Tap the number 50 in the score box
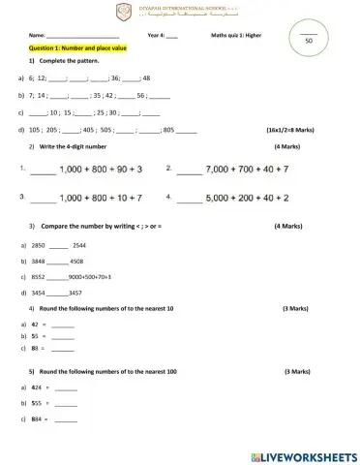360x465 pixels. click(309, 42)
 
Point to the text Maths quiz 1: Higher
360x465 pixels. click(235, 34)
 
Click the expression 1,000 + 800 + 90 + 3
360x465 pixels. click(101, 169)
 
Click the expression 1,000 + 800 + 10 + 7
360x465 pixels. click(101, 197)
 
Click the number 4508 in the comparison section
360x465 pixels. click(77, 262)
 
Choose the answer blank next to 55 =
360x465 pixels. click(63, 334)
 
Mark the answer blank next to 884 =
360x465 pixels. click(65, 419)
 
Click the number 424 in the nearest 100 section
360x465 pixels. click(37, 387)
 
